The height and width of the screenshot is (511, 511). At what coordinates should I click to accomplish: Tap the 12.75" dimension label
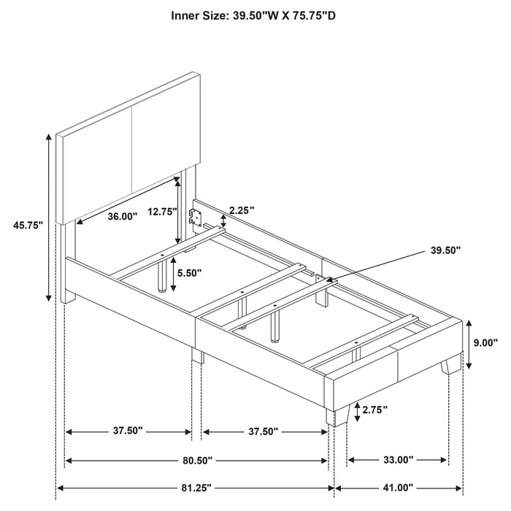tap(162, 212)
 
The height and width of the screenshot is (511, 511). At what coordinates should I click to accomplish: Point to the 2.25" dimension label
tap(241, 210)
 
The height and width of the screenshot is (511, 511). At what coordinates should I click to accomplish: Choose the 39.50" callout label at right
tap(445, 250)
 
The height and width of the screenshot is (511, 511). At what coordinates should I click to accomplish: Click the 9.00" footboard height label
tap(485, 342)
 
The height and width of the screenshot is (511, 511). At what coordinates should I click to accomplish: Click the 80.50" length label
tap(197, 461)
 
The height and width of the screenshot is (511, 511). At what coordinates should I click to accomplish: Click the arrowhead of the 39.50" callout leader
tap(329, 279)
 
